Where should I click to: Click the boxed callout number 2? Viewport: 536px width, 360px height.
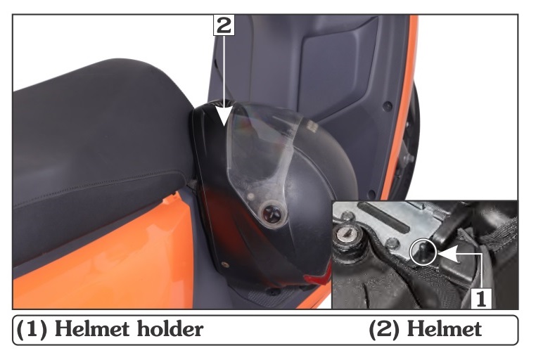tap(224, 25)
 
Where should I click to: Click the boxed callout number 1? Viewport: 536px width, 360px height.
tap(481, 298)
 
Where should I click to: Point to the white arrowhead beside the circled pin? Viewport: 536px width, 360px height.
tap(448, 254)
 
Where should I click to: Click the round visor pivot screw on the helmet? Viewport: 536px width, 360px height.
tap(272, 214)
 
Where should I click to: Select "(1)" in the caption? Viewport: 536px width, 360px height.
tap(32, 330)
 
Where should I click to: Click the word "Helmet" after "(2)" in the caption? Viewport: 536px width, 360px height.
tap(445, 329)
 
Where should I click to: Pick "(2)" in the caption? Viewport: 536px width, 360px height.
tap(385, 330)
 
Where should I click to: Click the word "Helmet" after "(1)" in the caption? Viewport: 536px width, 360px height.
tap(92, 329)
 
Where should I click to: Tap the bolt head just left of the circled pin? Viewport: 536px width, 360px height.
tap(391, 244)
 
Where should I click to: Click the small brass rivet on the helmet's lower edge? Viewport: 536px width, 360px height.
tap(224, 264)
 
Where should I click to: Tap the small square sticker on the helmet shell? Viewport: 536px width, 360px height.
tap(311, 127)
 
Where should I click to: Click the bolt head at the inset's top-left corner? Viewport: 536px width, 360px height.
tap(348, 216)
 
